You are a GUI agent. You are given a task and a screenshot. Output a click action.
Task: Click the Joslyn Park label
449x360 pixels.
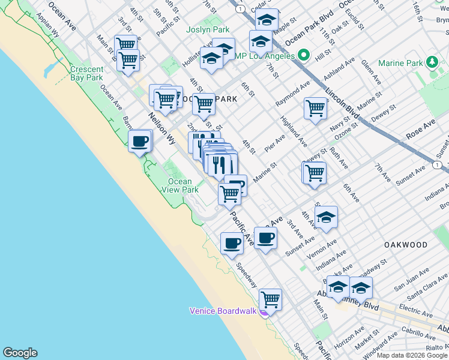coord(208,29)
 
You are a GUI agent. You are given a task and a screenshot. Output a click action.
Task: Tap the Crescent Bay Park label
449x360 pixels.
coord(86,73)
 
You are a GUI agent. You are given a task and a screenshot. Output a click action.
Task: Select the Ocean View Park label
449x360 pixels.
coord(179,185)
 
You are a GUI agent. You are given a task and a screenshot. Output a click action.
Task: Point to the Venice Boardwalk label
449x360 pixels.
coord(223,311)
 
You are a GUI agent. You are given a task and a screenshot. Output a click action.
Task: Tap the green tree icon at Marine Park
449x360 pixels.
coord(431,63)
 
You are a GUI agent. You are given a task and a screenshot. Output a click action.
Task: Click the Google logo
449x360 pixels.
coord(20,353)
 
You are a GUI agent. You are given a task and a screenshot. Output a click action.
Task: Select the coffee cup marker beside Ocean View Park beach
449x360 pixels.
coord(140,142)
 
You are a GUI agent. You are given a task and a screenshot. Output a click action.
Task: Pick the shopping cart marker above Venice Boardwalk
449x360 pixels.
coord(271,299)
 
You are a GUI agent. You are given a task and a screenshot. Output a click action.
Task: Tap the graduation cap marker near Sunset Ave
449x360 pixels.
coord(326,217)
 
